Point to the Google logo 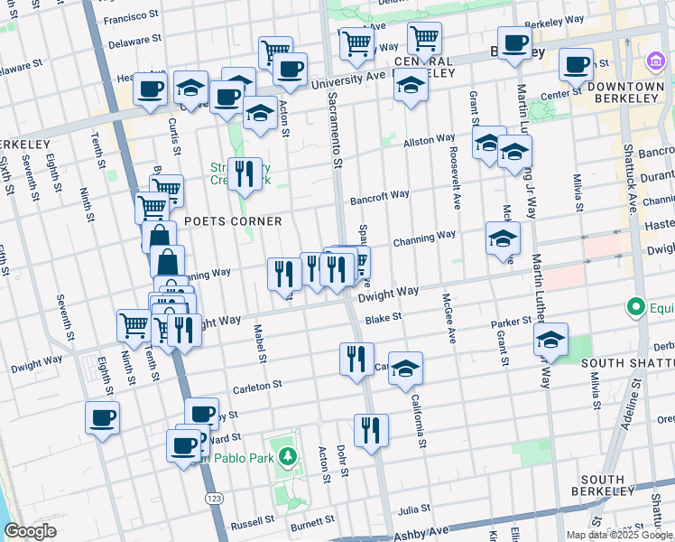pos(30,531)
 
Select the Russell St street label pos(252,523)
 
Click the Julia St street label pos(414,510)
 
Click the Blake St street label pos(384,318)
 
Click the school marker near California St pos(406,368)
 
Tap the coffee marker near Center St pos(575,65)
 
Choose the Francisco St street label pos(131,18)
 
